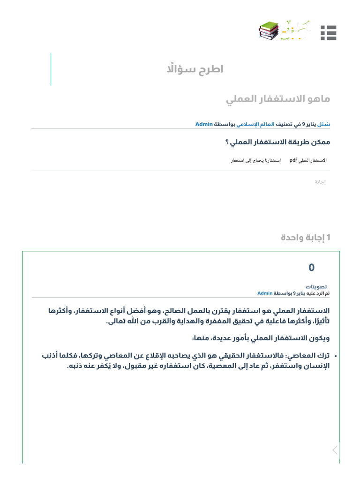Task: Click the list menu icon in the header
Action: coord(329,33)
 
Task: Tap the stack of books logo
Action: coord(269,31)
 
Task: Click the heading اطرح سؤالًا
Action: coord(195,69)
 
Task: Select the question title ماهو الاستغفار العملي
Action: coord(278,99)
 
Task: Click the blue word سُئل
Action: coord(324,125)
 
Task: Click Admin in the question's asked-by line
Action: coord(204,125)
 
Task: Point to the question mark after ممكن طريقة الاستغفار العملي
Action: coord(227,142)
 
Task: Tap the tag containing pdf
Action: coord(307,160)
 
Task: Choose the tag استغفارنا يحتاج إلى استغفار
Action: coord(255,160)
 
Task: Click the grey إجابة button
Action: coord(320,182)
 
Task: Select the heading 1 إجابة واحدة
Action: coord(306,238)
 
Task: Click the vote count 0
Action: coord(312,268)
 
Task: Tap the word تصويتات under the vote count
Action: coord(316,286)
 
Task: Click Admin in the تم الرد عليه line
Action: coord(265,293)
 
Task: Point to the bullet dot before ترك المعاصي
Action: coord(334,357)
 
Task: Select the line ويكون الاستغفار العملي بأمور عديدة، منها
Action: coord(261,338)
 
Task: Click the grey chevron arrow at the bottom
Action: coord(335,450)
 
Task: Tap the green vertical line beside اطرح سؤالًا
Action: coord(51,69)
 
